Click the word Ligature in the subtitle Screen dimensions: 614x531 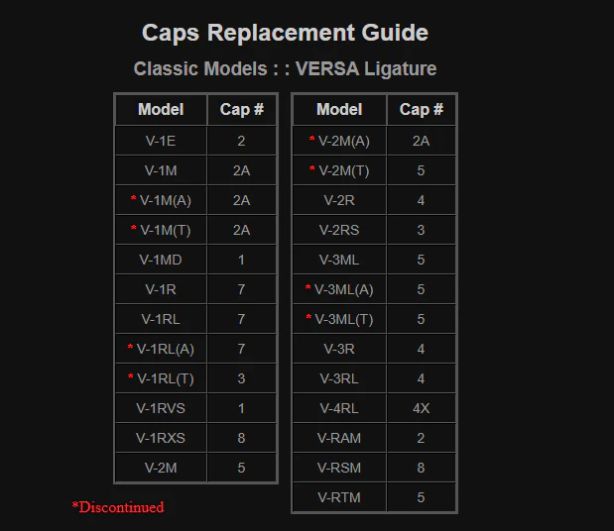coord(400,68)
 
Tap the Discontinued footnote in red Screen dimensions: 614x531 coord(118,507)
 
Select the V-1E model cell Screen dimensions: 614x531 coord(161,141)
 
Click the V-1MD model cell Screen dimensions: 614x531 coord(161,260)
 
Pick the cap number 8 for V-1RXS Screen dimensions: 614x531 coord(241,438)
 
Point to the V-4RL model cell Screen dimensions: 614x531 coord(339,408)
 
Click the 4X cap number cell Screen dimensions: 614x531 coord(421,408)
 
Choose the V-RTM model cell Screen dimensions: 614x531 coord(339,497)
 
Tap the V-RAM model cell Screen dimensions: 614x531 coord(339,438)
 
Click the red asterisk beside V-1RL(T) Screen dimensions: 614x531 coord(130,376)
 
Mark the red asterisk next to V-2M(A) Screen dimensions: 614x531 coord(312,139)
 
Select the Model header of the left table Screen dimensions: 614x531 coord(161,110)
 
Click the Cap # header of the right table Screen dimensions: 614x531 coord(421,110)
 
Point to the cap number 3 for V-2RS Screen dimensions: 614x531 coord(421,230)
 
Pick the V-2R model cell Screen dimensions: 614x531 coord(339,200)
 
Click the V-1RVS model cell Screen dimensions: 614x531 coord(161,408)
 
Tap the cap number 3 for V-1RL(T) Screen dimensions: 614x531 coord(241,378)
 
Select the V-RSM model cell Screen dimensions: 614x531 coord(339,468)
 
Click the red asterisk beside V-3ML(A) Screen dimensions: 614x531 coord(308,287)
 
